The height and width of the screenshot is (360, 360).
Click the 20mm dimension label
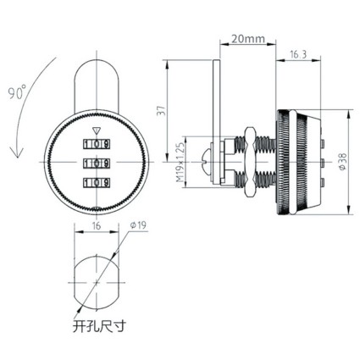248,39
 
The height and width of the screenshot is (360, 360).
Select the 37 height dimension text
161,110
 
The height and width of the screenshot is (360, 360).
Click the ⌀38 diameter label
342,162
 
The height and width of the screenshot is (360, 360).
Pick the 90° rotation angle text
16,92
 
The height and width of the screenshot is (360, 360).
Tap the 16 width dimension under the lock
97,226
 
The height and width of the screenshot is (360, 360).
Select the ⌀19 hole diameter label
138,225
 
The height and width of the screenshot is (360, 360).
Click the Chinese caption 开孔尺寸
98,326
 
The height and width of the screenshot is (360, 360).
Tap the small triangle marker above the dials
97,131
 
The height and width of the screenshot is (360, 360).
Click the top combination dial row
97,144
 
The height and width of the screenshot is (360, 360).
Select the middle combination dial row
97,163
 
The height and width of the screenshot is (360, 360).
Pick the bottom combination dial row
97,182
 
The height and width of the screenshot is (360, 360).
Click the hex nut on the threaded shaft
249,162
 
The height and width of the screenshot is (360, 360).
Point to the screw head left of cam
207,162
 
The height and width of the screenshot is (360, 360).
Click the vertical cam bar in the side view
216,121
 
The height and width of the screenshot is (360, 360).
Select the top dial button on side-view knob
324,143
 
